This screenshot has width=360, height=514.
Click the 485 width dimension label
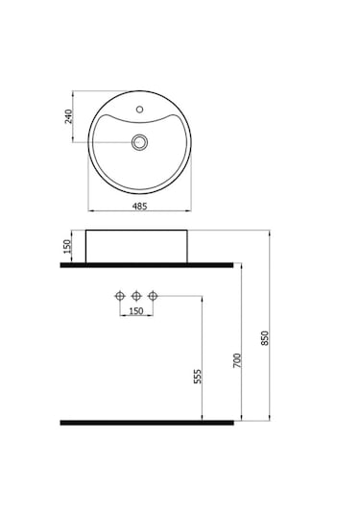click(x=139, y=207)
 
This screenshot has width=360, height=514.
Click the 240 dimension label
click(x=69, y=116)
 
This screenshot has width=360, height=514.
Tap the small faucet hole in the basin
click(x=140, y=110)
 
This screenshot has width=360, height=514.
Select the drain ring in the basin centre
click(x=139, y=142)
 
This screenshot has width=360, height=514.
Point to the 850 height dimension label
click(x=265, y=338)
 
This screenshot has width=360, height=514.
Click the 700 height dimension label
click(x=237, y=360)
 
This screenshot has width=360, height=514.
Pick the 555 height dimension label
click(x=198, y=377)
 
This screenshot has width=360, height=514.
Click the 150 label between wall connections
click(x=136, y=310)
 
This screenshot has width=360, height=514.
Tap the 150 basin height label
click(x=67, y=247)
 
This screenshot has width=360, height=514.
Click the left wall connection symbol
click(x=120, y=296)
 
